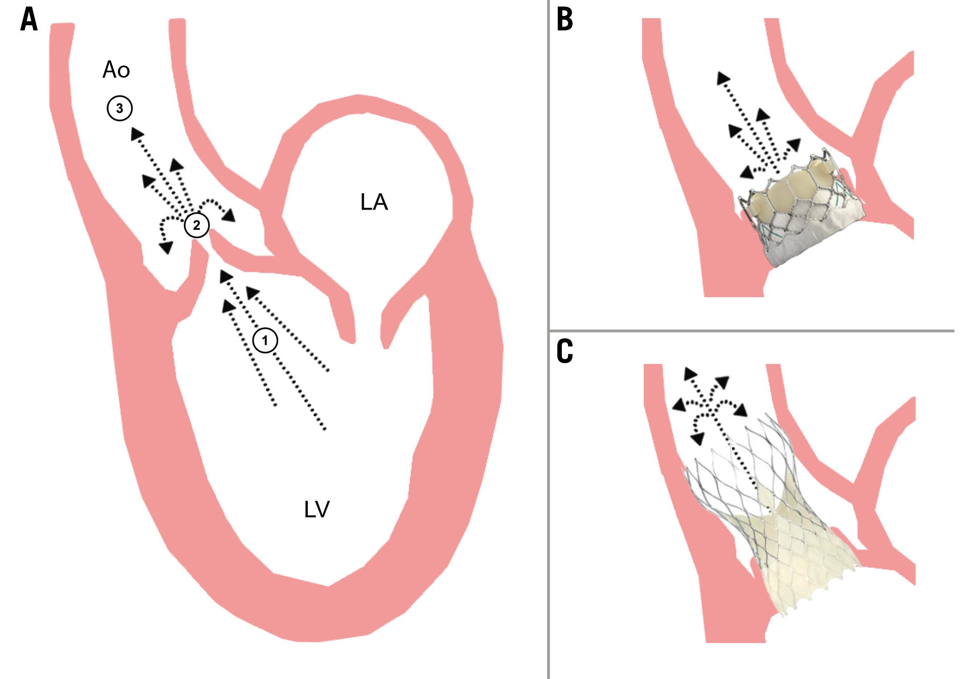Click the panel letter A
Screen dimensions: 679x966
[x=29, y=21]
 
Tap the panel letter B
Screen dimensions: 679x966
[x=565, y=20]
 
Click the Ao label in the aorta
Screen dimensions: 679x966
[x=116, y=70]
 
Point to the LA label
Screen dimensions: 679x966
[x=374, y=202]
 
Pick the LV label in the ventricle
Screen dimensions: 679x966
[x=317, y=510]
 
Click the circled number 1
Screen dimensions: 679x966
[x=265, y=340]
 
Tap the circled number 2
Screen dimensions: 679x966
[x=196, y=225]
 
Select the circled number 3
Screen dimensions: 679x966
[x=120, y=109]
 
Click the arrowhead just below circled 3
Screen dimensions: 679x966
[x=137, y=134]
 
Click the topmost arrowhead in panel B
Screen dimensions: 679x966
[x=723, y=78]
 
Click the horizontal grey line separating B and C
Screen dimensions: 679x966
[x=748, y=331]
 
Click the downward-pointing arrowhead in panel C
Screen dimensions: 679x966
[x=697, y=438]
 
